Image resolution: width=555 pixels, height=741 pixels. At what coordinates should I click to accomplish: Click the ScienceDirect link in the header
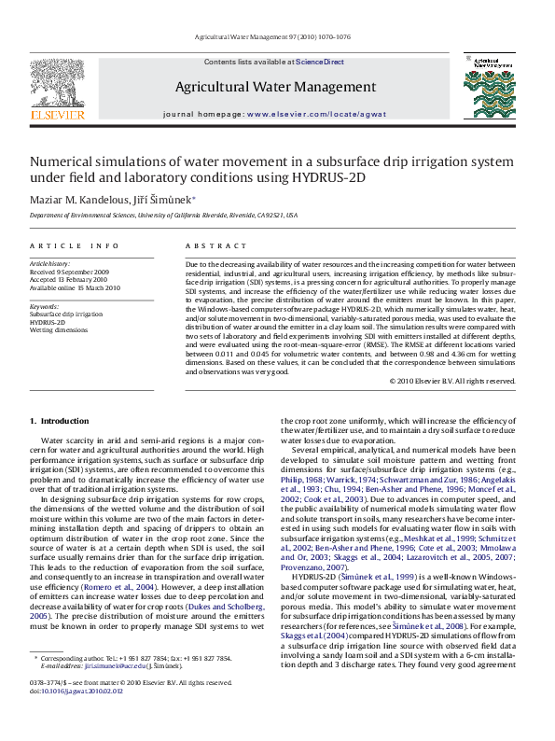(319, 62)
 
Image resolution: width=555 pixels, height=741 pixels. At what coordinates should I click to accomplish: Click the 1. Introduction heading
(60, 422)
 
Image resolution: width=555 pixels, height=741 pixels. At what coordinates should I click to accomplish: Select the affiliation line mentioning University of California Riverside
(163, 215)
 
